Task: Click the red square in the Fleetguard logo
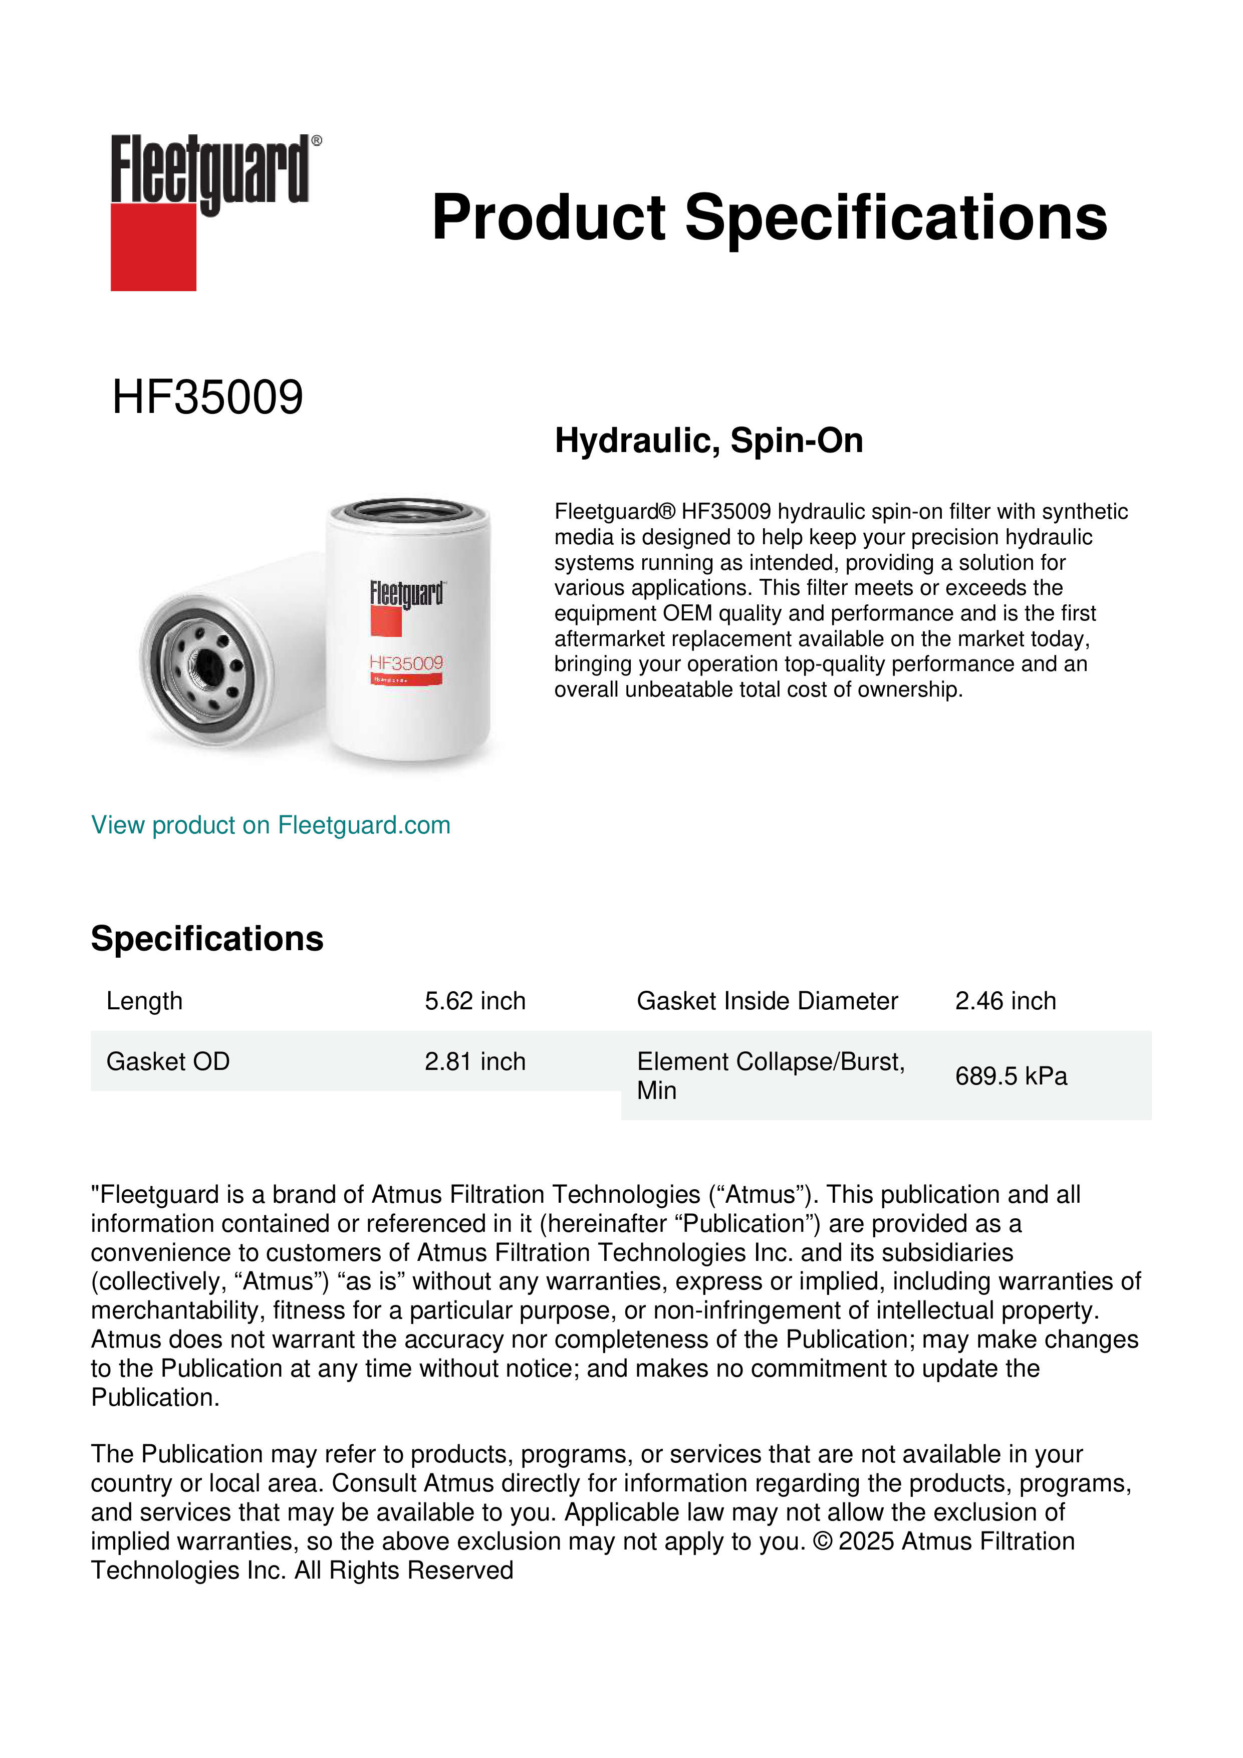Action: [x=153, y=247]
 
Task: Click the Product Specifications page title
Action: [x=769, y=217]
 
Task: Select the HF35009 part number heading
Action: [x=207, y=397]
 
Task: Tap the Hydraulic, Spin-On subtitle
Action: [x=709, y=441]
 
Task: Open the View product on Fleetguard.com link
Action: [x=270, y=825]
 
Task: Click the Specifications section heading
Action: [x=206, y=939]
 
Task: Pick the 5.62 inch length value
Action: [x=474, y=1001]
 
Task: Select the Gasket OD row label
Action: [x=168, y=1061]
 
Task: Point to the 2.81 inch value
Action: [x=474, y=1061]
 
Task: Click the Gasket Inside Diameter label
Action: [x=767, y=1001]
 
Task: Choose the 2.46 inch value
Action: [x=1005, y=1001]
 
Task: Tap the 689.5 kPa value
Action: [x=1011, y=1076]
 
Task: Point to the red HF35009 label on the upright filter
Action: [x=406, y=663]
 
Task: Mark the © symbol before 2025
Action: [x=822, y=1542]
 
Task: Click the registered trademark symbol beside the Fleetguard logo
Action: [x=317, y=141]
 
